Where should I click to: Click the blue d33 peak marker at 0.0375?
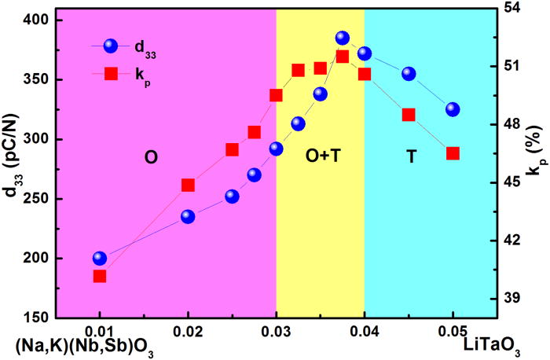[x=343, y=39]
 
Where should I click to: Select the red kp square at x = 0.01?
[x=100, y=276]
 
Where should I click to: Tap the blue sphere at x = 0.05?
[x=453, y=109]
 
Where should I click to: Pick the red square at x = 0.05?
[x=453, y=153]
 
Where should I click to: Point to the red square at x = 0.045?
[x=409, y=115]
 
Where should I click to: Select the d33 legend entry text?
[x=145, y=47]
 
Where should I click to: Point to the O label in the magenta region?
[x=151, y=156]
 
